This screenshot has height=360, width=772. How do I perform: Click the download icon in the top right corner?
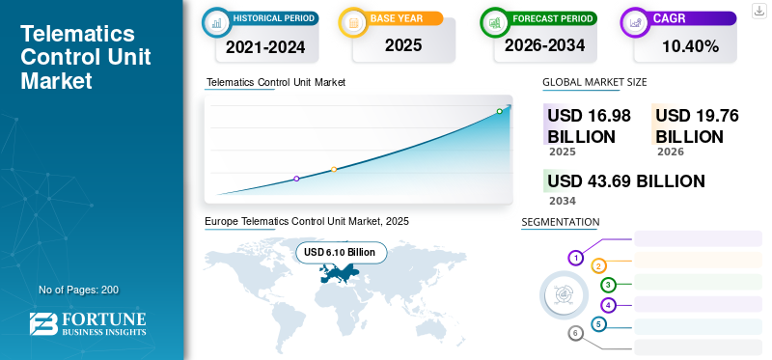(x=758, y=10)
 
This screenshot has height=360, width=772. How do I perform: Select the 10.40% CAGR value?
(x=689, y=45)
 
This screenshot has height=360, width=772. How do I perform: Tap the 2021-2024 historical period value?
(x=265, y=45)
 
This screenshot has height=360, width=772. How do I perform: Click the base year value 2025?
(x=402, y=45)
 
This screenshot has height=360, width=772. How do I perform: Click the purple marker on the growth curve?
(x=296, y=179)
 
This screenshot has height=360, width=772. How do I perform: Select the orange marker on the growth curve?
(x=334, y=170)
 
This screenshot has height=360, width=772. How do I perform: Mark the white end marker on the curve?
(x=499, y=111)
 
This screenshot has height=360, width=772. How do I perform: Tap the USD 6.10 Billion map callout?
(x=340, y=252)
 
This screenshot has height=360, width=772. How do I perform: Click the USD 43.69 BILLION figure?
(x=625, y=181)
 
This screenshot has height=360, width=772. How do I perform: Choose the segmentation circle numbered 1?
(x=575, y=258)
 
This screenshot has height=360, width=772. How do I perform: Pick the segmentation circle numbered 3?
(x=608, y=285)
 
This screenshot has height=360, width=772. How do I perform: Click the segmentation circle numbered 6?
(x=575, y=333)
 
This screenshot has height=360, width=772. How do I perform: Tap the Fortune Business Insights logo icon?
(x=43, y=325)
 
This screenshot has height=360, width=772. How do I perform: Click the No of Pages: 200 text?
(x=78, y=290)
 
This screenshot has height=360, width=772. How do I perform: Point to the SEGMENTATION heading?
(x=560, y=222)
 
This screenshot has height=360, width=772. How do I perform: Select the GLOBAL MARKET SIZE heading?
(x=594, y=83)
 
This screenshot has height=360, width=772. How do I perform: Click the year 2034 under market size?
(x=562, y=201)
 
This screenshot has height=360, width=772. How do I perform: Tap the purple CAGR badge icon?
(x=635, y=20)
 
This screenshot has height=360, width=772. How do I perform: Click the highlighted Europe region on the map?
(x=338, y=275)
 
